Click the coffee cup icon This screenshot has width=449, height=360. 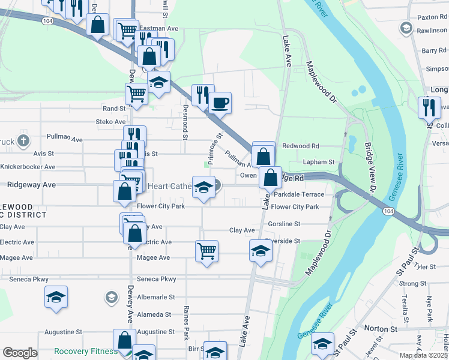(220, 102)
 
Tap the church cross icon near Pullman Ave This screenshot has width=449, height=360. (23, 141)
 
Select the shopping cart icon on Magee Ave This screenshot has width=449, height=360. (206, 250)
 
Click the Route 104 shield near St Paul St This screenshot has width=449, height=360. (389, 211)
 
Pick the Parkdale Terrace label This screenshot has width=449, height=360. (298, 194)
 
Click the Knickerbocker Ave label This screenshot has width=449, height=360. (28, 167)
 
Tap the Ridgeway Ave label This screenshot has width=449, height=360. (32, 185)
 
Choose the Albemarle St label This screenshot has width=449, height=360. (155, 297)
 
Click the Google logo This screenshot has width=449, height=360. (20, 353)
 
